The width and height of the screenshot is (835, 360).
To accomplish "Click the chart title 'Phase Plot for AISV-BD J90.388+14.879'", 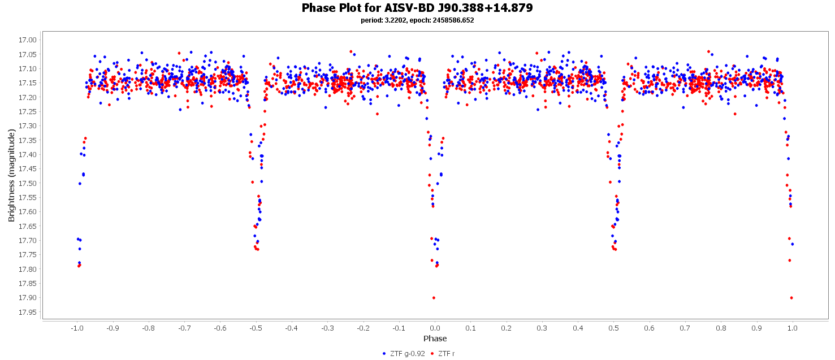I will coord(417,8).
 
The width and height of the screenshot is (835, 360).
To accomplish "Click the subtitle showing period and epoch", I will coord(417,20).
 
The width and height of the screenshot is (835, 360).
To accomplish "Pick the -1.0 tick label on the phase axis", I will coord(77,328).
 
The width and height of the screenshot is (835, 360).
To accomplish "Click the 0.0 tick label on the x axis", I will coord(435,328).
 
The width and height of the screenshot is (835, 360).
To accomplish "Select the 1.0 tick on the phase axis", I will coord(793,328).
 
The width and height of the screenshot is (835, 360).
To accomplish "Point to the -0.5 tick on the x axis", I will coord(256,328).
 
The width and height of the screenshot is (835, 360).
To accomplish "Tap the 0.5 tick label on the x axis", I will coord(614,328).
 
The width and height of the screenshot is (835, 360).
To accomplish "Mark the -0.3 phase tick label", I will coord(327,328).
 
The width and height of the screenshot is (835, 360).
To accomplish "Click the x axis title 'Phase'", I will coord(435,339).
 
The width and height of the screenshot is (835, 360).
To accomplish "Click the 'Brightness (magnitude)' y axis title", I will coord(11,175).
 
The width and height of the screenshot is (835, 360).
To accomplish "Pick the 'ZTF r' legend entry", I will coord(446,354).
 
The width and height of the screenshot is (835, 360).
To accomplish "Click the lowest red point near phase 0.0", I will coord(434,298).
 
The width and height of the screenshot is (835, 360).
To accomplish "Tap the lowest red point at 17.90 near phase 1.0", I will coord(791,298).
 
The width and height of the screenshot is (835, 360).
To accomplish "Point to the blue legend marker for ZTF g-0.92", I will coord(384,354).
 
